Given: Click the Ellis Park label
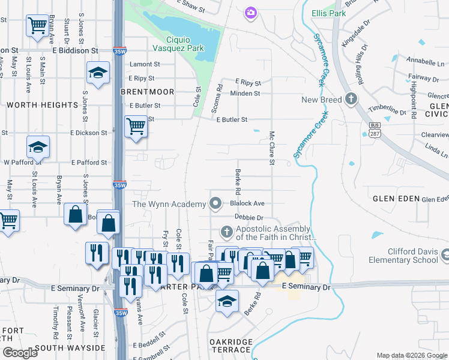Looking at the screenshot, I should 328,13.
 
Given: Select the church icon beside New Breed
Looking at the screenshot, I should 351,100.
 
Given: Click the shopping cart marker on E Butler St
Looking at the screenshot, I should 136,127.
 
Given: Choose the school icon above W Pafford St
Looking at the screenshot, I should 38,146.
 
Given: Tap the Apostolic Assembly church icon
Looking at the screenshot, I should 227,231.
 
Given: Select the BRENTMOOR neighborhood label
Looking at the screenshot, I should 147,92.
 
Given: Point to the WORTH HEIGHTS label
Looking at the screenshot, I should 43,105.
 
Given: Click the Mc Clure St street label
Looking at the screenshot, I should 272,148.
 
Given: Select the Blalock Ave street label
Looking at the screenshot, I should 247,204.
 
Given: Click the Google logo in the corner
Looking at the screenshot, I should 20,353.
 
